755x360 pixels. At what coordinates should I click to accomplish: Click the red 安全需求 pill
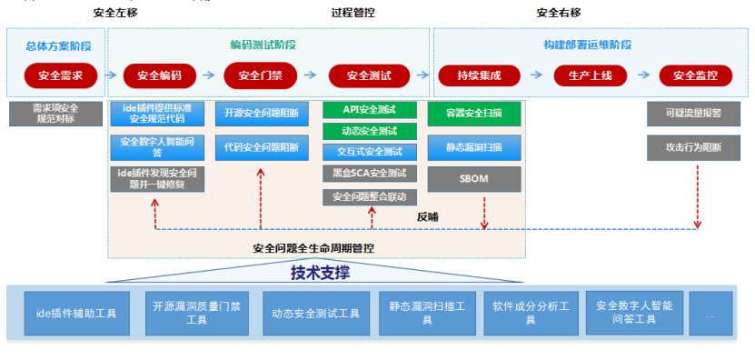[55, 75]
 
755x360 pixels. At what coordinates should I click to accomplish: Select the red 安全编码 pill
[153, 75]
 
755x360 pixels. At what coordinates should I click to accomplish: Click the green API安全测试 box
[369, 110]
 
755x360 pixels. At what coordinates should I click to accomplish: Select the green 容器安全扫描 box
[474, 114]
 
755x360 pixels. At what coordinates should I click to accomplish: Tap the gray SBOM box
[474, 178]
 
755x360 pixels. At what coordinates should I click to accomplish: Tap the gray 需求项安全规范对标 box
[55, 114]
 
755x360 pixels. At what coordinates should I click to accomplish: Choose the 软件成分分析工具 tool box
[527, 313]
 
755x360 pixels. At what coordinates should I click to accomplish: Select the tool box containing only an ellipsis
[710, 313]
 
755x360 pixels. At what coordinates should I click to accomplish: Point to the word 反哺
[427, 216]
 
